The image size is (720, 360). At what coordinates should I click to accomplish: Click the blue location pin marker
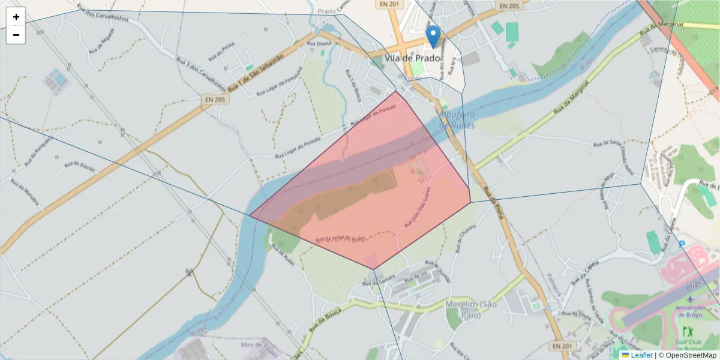click(432, 35)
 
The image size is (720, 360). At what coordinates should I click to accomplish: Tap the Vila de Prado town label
click(412, 58)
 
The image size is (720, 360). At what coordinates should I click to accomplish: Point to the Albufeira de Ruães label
click(457, 119)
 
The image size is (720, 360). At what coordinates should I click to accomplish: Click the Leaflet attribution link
click(641, 355)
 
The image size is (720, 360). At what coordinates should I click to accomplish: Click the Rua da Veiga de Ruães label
click(340, 239)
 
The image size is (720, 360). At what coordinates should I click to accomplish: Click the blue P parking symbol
click(682, 244)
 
